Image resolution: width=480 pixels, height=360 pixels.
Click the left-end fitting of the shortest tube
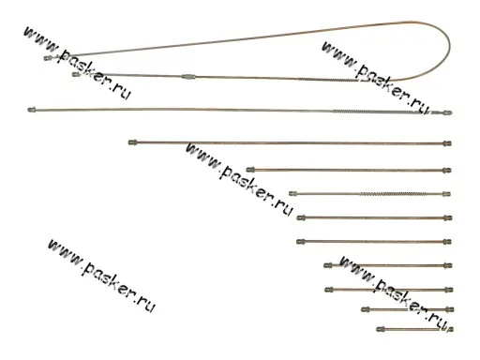381,329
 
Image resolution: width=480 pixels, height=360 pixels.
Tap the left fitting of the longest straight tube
32,110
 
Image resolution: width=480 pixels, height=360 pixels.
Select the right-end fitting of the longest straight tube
447,112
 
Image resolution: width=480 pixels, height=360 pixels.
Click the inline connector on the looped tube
188,76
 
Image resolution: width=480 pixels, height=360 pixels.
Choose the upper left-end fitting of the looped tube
48,58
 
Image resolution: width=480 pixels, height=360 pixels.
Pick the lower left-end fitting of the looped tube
76,74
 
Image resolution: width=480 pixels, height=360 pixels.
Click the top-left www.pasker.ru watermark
77,63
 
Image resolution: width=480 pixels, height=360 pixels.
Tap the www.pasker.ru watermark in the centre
239,179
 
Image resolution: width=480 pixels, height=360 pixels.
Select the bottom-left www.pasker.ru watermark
101,276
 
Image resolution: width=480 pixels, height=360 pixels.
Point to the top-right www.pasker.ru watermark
375,78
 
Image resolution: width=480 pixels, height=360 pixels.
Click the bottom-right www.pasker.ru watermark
397,293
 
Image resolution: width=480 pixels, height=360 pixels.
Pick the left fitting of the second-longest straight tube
133,142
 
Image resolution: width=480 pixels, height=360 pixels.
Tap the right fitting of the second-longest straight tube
447,143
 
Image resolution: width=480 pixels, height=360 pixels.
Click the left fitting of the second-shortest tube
366,309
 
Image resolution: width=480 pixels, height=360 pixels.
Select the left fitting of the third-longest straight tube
250,170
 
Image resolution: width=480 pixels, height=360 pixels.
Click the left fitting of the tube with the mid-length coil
292,194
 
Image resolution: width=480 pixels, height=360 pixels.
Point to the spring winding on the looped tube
326,80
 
